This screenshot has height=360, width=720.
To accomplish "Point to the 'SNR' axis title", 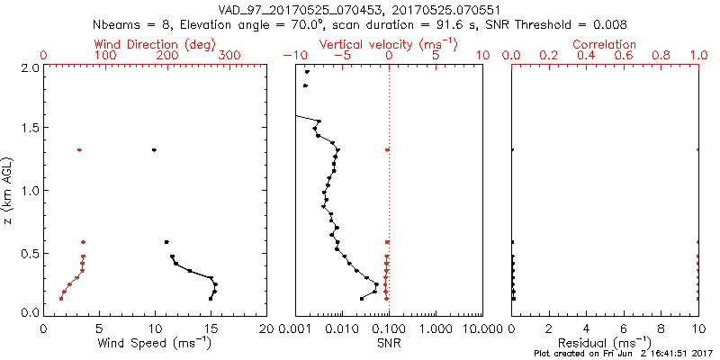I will [x=390, y=342].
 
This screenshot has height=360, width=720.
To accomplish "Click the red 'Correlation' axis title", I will [x=605, y=44].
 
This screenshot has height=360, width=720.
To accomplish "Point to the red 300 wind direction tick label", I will [x=229, y=56].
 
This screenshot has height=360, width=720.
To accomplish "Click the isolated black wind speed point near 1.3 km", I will [x=155, y=150].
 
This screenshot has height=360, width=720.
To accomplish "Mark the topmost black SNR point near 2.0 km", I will [x=307, y=73].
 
